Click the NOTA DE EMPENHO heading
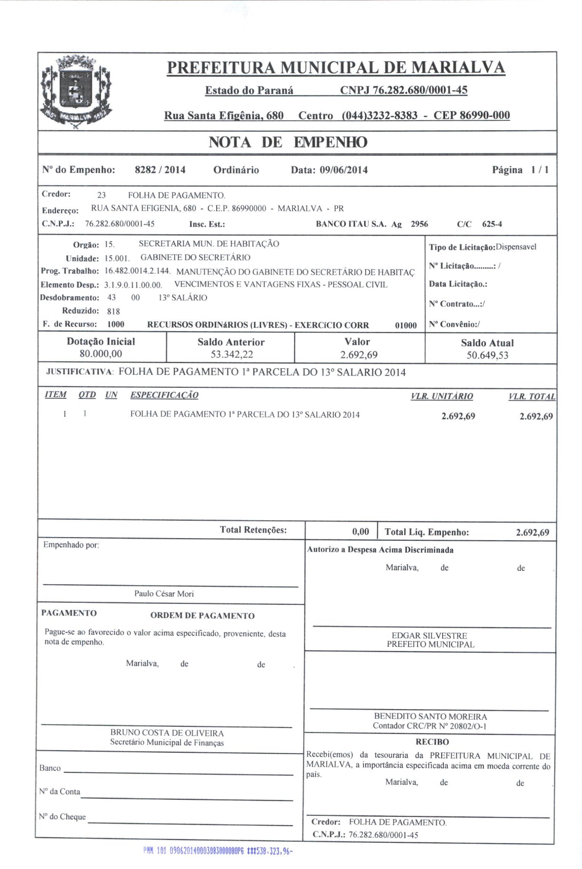tap(288, 142)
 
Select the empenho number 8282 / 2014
tap(160, 170)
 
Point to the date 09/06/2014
tap(343, 170)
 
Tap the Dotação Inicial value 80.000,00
tap(101, 354)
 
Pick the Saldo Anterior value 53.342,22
tap(232, 355)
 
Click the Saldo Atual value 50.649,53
tap(487, 355)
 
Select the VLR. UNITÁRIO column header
tap(442, 396)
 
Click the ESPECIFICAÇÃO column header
tap(164, 395)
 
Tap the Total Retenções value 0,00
tap(361, 532)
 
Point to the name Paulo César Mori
tap(164, 594)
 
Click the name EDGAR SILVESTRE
tap(429, 635)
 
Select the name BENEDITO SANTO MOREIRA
tap(430, 717)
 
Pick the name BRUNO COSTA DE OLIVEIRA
tap(167, 733)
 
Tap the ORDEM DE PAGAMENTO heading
tap(202, 616)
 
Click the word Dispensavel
tap(516, 247)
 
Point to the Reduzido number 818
tap(114, 312)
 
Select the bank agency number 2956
tap(419, 224)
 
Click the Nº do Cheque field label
tap(62, 817)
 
